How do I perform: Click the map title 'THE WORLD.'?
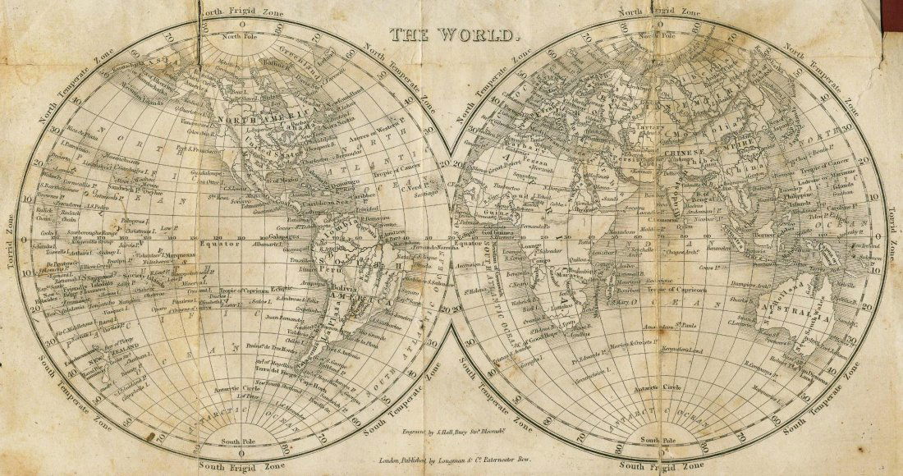pos(454,35)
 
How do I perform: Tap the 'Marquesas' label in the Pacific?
pos(181,255)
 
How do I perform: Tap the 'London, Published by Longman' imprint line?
pos(451,464)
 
